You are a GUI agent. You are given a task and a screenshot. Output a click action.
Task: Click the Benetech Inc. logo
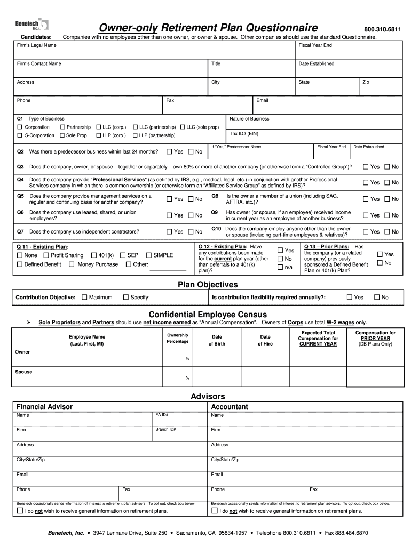coord(31,25)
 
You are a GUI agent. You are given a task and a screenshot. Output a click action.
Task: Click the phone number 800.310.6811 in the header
coord(382,29)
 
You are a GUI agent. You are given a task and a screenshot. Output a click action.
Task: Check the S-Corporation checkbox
coord(20,135)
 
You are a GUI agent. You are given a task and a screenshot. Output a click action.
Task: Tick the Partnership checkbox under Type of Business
coord(62,127)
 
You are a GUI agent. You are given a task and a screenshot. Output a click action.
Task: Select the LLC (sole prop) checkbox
coord(183,127)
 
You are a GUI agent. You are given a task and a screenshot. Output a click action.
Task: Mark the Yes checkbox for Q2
coord(170,152)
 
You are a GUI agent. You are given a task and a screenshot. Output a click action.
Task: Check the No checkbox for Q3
coord(387,167)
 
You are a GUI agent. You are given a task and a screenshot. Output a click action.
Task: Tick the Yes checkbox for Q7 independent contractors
coord(170,232)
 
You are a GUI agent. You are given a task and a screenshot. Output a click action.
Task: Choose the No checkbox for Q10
coord(387,232)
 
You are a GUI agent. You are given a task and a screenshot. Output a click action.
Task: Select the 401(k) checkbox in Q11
coord(94,255)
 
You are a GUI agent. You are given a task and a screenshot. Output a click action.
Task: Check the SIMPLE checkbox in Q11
coord(149,255)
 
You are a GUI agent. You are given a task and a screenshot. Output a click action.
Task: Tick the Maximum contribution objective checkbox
coord(84,298)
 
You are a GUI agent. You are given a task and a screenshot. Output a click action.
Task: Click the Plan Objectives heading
coord(208,285)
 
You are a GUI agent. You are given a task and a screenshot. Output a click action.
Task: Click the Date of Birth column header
coord(217,340)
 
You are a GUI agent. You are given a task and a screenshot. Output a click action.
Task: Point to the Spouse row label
coord(23,372)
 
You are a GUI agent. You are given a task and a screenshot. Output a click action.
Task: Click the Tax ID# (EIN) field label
coord(244,134)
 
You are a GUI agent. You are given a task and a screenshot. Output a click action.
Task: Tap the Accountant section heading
coord(230,407)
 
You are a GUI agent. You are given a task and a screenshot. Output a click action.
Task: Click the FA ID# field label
coord(162,414)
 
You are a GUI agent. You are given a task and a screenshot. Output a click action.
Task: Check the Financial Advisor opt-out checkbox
coord(20,511)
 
